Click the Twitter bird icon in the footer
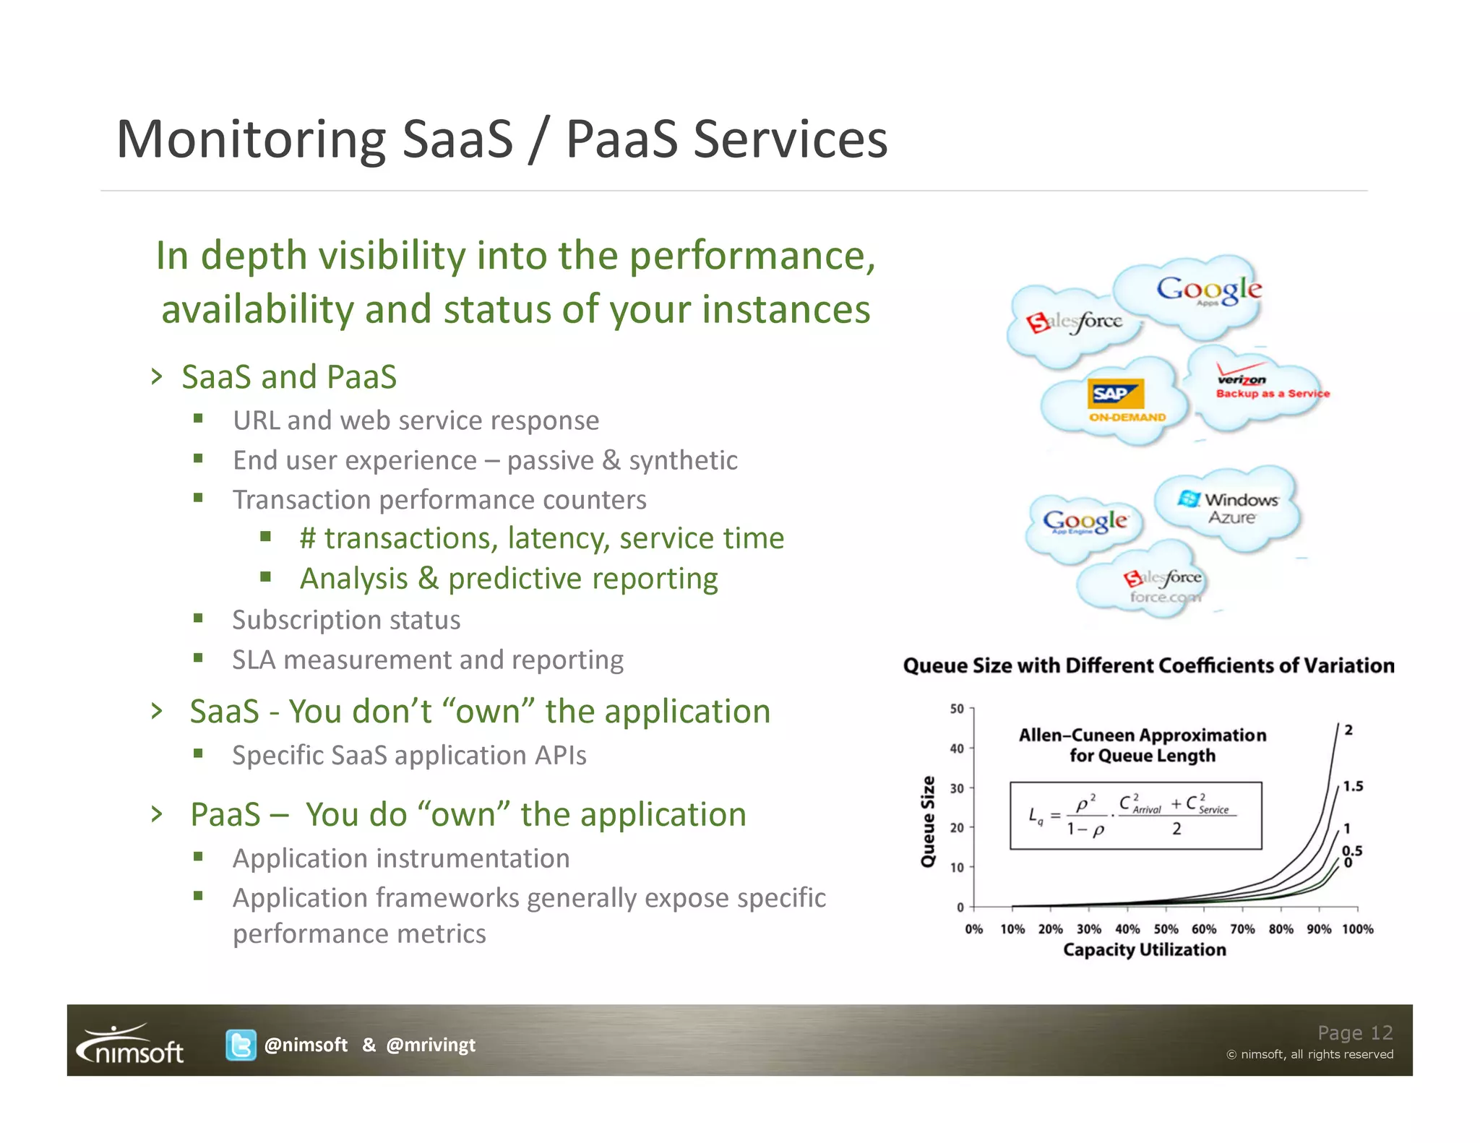click(x=241, y=1045)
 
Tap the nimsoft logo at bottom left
click(x=131, y=1045)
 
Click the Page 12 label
click(x=1354, y=1032)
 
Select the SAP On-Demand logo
click(x=1117, y=400)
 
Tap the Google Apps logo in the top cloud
click(x=1209, y=290)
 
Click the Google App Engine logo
click(x=1084, y=521)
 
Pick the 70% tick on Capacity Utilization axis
click(x=1242, y=928)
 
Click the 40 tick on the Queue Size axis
click(x=958, y=749)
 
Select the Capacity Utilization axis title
click(x=1144, y=949)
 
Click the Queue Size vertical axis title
click(x=928, y=821)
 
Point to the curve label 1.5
click(x=1353, y=786)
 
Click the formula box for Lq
click(x=1135, y=815)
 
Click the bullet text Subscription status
click(x=346, y=620)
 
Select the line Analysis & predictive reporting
click(x=509, y=579)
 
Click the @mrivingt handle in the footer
click(x=431, y=1045)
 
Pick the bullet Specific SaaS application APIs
click(x=409, y=755)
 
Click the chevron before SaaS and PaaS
click(x=157, y=376)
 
